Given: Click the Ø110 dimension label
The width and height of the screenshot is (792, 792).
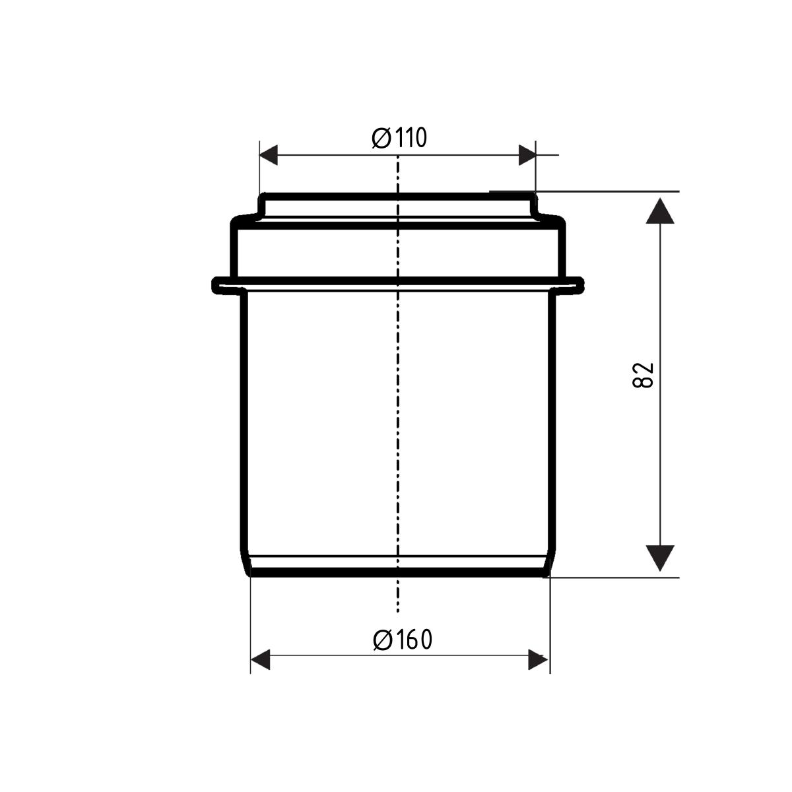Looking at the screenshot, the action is tap(399, 138).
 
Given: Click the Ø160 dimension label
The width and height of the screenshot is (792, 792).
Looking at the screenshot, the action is tap(403, 640).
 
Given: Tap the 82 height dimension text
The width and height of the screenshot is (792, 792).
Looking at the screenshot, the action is tap(643, 375).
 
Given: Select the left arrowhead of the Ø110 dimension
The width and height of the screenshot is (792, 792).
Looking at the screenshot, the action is tap(269, 155).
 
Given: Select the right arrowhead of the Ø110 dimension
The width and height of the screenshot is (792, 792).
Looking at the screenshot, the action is tap(527, 155).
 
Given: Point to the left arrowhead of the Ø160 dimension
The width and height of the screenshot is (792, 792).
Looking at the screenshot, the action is tap(260, 659).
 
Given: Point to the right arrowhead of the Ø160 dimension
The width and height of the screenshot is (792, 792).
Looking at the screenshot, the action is tap(538, 659).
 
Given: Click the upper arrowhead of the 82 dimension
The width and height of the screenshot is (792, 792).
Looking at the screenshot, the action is tap(660, 211).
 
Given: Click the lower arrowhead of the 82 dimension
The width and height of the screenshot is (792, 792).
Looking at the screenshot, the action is tap(660, 558).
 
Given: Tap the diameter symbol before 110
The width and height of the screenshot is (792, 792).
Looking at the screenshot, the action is tap(381, 139).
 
